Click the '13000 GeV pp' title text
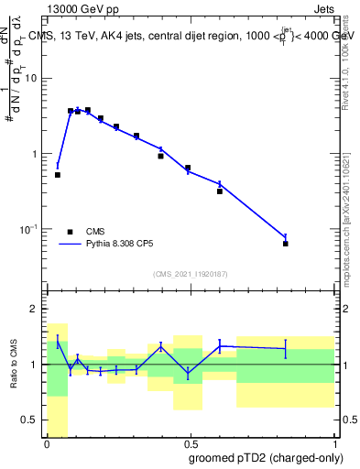click(80, 7)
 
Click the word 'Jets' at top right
click(327, 7)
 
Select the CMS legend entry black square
click(70, 232)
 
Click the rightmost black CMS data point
click(286, 244)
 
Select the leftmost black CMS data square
click(58, 174)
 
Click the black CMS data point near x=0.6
click(220, 191)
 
